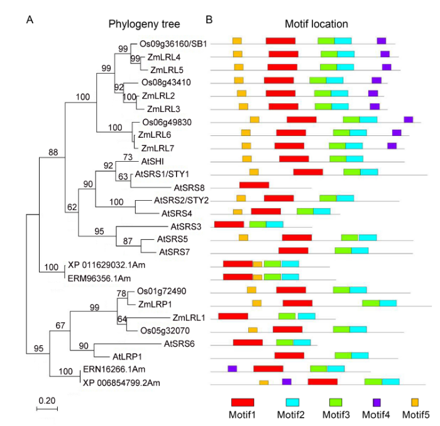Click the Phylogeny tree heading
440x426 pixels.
[x=144, y=25]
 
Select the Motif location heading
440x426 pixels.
[x=316, y=25]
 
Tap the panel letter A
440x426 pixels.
[x=30, y=20]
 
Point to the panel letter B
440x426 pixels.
[x=209, y=20]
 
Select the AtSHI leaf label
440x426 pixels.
[x=153, y=161]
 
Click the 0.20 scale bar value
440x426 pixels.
[x=46, y=400]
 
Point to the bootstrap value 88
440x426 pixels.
[x=53, y=152]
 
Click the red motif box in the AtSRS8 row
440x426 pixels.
[x=254, y=185]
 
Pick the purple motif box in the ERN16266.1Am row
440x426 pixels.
[x=232, y=368]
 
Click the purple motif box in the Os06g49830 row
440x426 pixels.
[x=409, y=120]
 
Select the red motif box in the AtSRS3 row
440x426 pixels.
[x=229, y=224]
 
